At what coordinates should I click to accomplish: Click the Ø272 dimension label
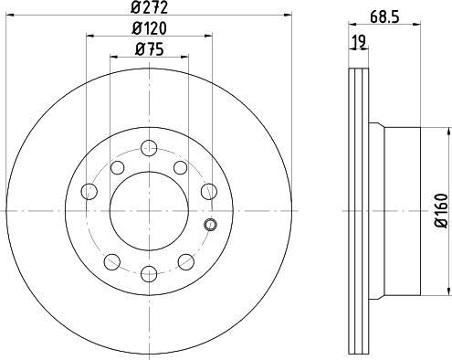pyautogui.click(x=149, y=9)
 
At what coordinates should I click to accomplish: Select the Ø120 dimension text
pyautogui.click(x=149, y=29)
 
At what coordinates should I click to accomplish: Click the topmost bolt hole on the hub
pyautogui.click(x=149, y=146)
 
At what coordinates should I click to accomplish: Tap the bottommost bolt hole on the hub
pyautogui.click(x=149, y=271)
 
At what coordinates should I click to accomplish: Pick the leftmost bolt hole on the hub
pyautogui.click(x=89, y=191)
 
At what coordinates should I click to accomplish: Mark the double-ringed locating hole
pyautogui.click(x=211, y=226)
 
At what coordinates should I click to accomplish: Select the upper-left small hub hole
pyautogui.click(x=118, y=167)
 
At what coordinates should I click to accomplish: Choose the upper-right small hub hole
pyautogui.click(x=180, y=167)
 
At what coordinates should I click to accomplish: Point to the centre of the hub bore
pyautogui.click(x=149, y=209)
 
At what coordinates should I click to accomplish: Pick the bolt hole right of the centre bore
pyautogui.click(x=209, y=191)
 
